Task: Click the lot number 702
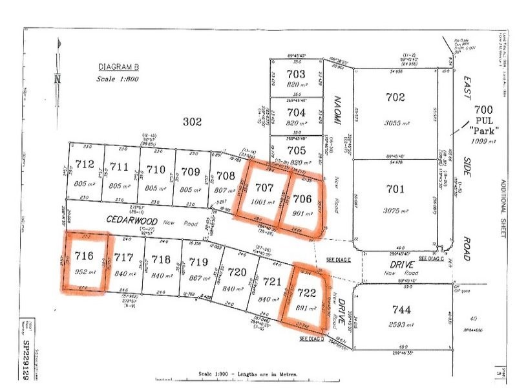395,98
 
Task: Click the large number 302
193,121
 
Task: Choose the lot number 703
295,74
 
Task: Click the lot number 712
85,166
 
